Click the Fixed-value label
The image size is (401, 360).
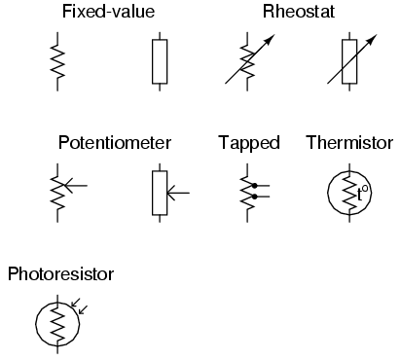(107, 13)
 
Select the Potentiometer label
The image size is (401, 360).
(115, 143)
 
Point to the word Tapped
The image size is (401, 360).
(249, 143)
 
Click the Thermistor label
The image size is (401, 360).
(349, 143)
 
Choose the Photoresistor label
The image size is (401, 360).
(60, 273)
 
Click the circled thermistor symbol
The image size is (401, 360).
(348, 192)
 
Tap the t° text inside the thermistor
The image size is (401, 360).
(362, 193)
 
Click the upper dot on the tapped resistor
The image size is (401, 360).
(254, 184)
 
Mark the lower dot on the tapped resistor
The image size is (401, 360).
(254, 198)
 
